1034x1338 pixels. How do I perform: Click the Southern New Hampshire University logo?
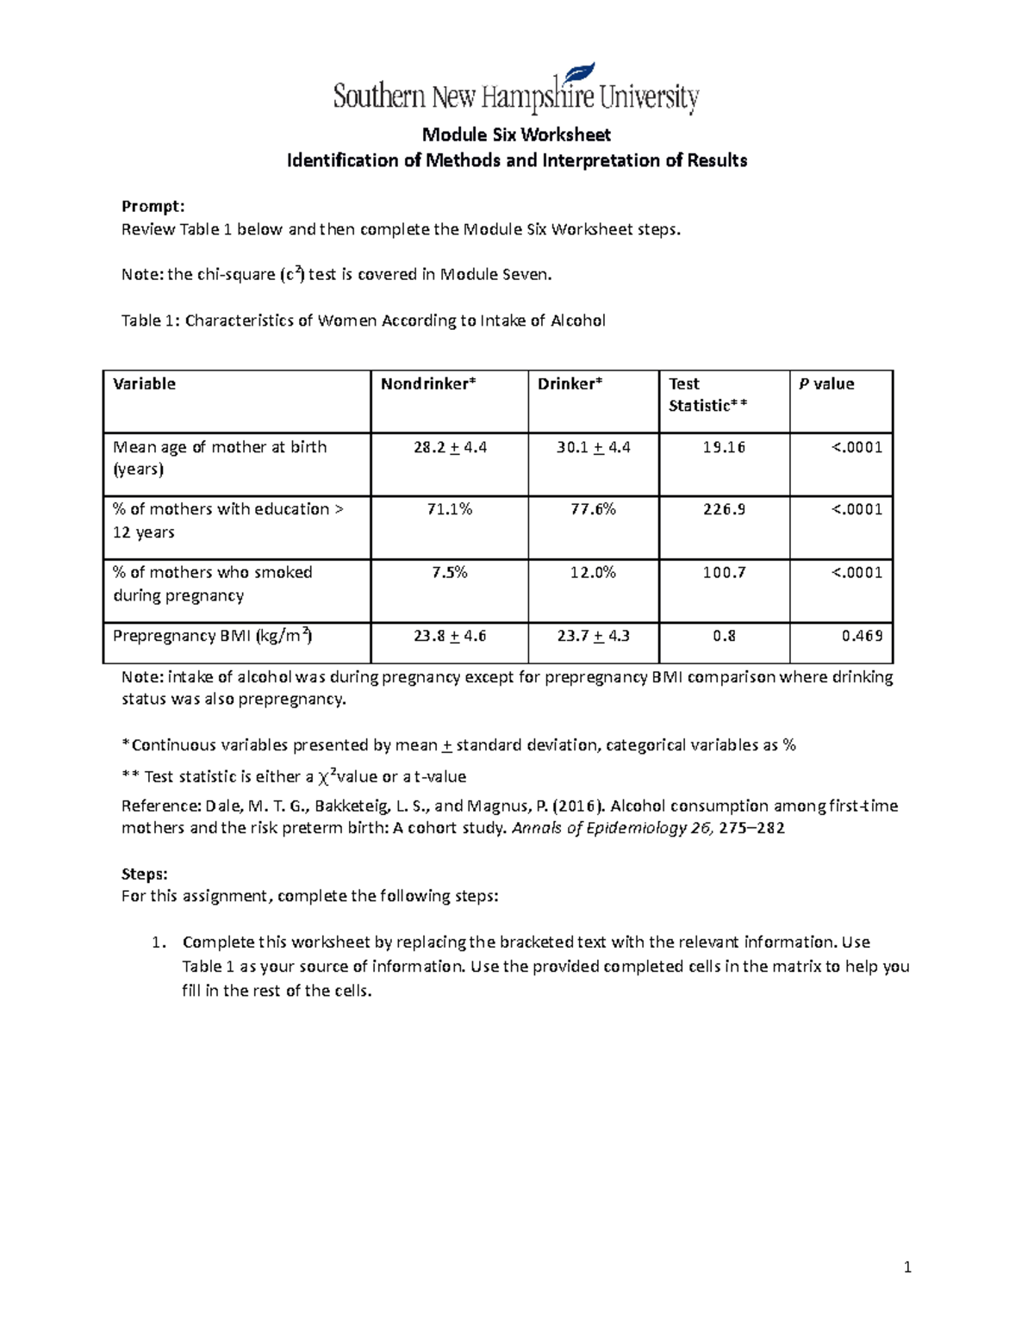click(515, 91)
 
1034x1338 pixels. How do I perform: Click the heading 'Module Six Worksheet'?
click(515, 134)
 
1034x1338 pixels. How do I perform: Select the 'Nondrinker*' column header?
click(428, 384)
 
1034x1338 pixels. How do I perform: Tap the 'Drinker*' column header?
click(570, 384)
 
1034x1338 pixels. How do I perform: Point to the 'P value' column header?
click(826, 384)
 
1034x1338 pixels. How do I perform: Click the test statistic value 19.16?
click(724, 447)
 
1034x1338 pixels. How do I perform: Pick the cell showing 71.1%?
click(450, 509)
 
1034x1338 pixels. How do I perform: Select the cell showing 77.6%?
click(593, 509)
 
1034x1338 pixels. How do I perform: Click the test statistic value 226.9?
click(724, 509)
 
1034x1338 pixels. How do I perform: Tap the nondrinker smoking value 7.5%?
click(450, 572)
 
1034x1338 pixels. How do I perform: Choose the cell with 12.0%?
click(593, 572)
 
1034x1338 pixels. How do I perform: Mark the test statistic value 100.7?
click(724, 572)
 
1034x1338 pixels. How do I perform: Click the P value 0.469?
click(862, 636)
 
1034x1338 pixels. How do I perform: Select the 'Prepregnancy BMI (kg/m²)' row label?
click(213, 636)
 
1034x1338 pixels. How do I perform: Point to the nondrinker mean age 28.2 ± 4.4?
click(450, 447)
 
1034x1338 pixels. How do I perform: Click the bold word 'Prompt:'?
click(153, 206)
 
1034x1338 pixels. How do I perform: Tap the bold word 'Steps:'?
click(145, 874)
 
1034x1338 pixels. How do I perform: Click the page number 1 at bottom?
click(907, 1266)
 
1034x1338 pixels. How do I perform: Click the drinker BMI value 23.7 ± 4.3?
click(593, 636)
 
